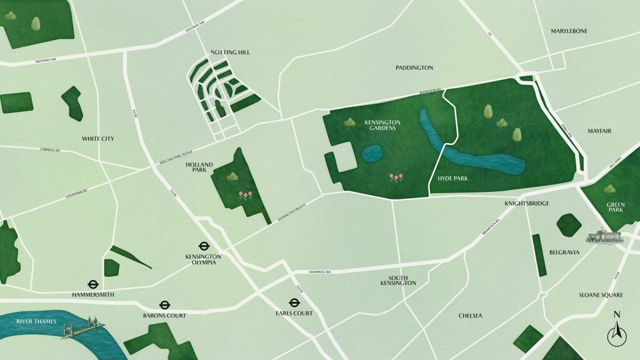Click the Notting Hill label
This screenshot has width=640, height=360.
click(x=230, y=52)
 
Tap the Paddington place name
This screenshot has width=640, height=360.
click(x=414, y=67)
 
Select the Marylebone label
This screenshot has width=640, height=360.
click(x=569, y=31)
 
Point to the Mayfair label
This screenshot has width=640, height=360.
click(x=599, y=131)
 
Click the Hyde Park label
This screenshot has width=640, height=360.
click(x=453, y=179)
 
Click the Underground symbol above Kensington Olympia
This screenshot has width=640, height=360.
click(x=204, y=246)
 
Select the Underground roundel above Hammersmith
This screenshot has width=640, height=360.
click(x=92, y=283)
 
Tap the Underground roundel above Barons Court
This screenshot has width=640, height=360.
click(x=164, y=306)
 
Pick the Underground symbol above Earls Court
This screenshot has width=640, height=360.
click(x=294, y=303)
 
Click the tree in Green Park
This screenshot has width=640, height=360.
click(x=609, y=189)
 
